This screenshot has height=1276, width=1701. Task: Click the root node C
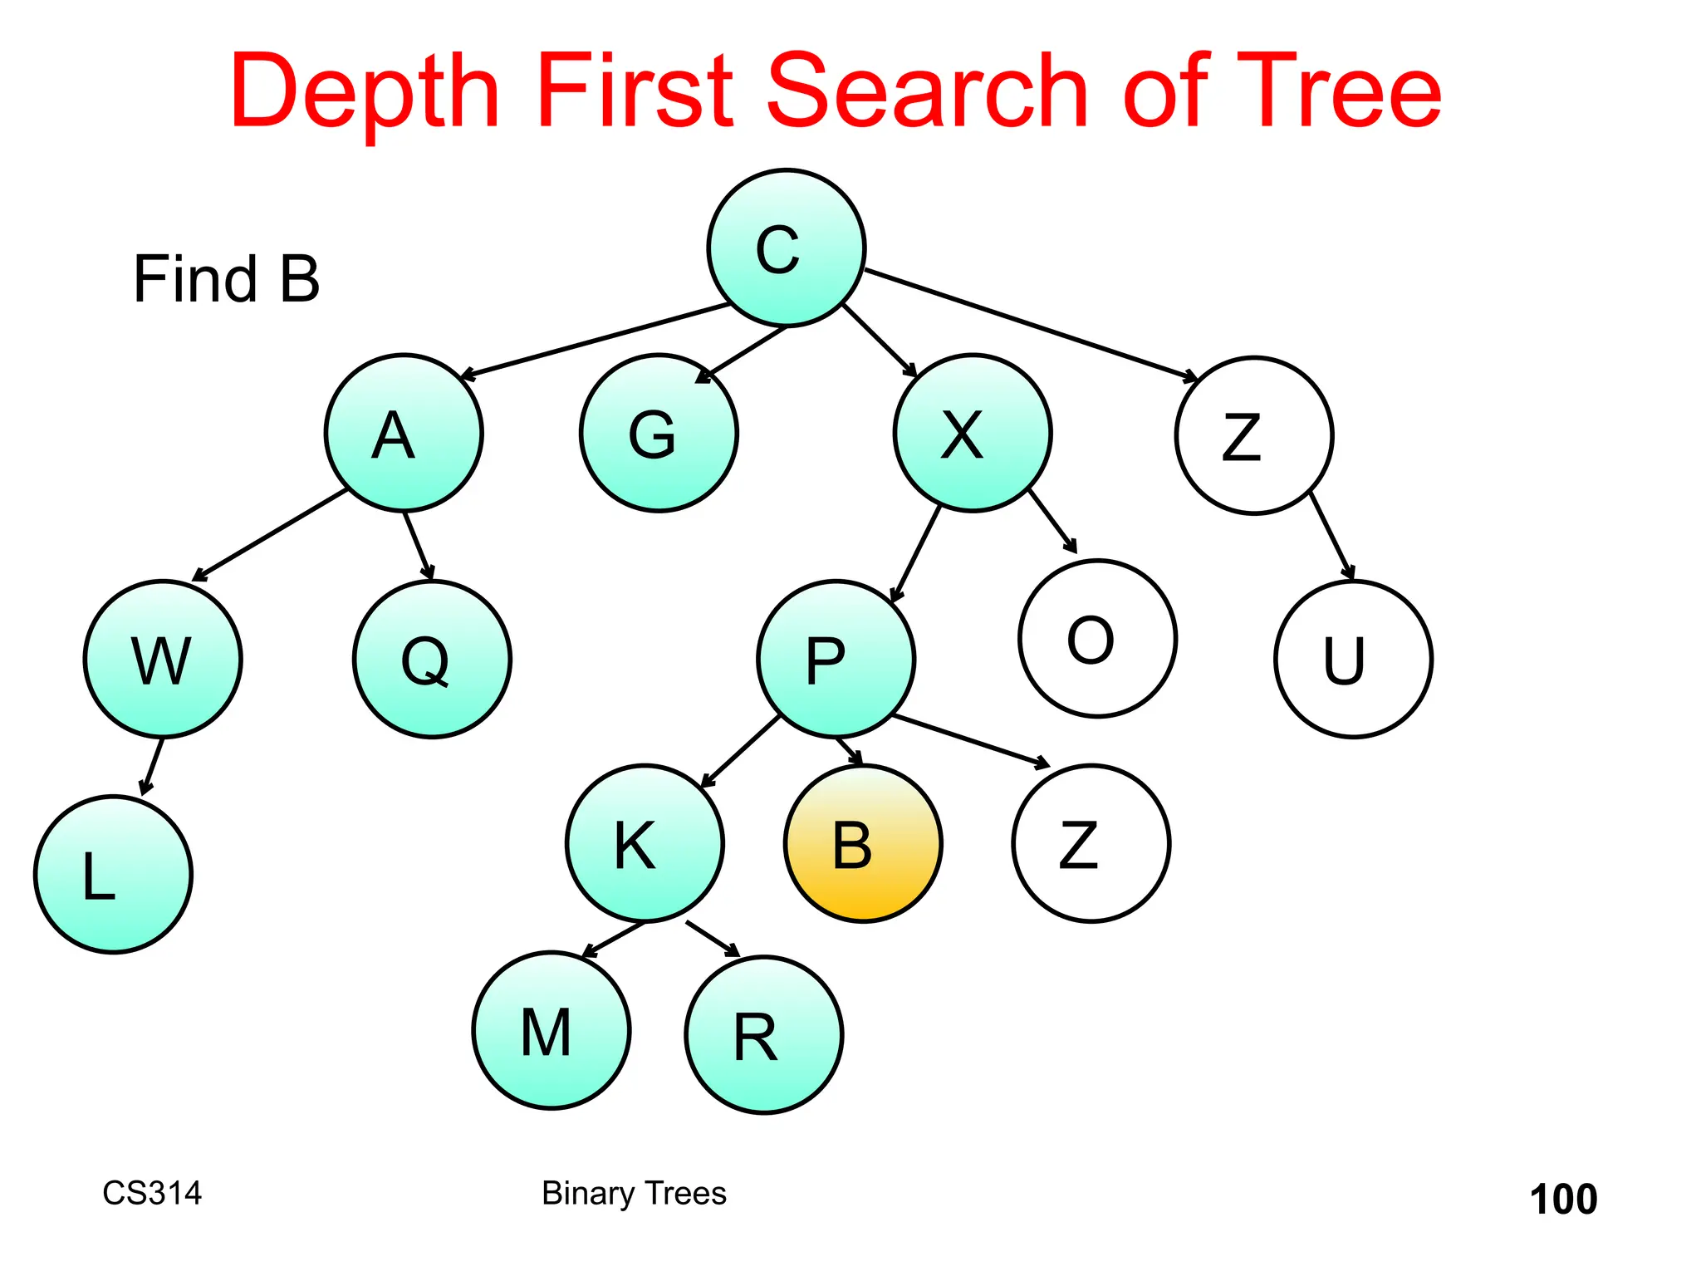(x=786, y=248)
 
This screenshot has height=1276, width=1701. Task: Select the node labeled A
(x=404, y=433)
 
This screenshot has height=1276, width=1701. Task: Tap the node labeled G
(x=659, y=433)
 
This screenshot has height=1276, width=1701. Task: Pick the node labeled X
(x=973, y=433)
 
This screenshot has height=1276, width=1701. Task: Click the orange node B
(x=863, y=843)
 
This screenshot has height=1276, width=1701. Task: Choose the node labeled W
(x=163, y=659)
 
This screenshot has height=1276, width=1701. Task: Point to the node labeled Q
(x=432, y=659)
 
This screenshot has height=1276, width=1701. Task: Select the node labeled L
(x=113, y=874)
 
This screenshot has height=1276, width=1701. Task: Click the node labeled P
(x=836, y=659)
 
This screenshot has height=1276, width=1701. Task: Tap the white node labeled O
(x=1097, y=638)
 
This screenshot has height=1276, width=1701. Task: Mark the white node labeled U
(x=1353, y=659)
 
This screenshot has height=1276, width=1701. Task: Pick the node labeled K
(x=645, y=843)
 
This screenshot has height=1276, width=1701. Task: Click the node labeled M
(x=551, y=1030)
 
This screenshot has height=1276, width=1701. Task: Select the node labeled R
(x=764, y=1035)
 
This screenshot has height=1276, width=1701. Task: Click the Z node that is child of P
(x=1091, y=843)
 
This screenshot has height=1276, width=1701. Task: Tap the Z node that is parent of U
(x=1254, y=435)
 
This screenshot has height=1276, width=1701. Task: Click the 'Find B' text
(x=226, y=279)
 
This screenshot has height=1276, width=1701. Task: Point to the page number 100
(x=1563, y=1200)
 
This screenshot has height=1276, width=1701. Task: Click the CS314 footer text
(x=152, y=1193)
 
